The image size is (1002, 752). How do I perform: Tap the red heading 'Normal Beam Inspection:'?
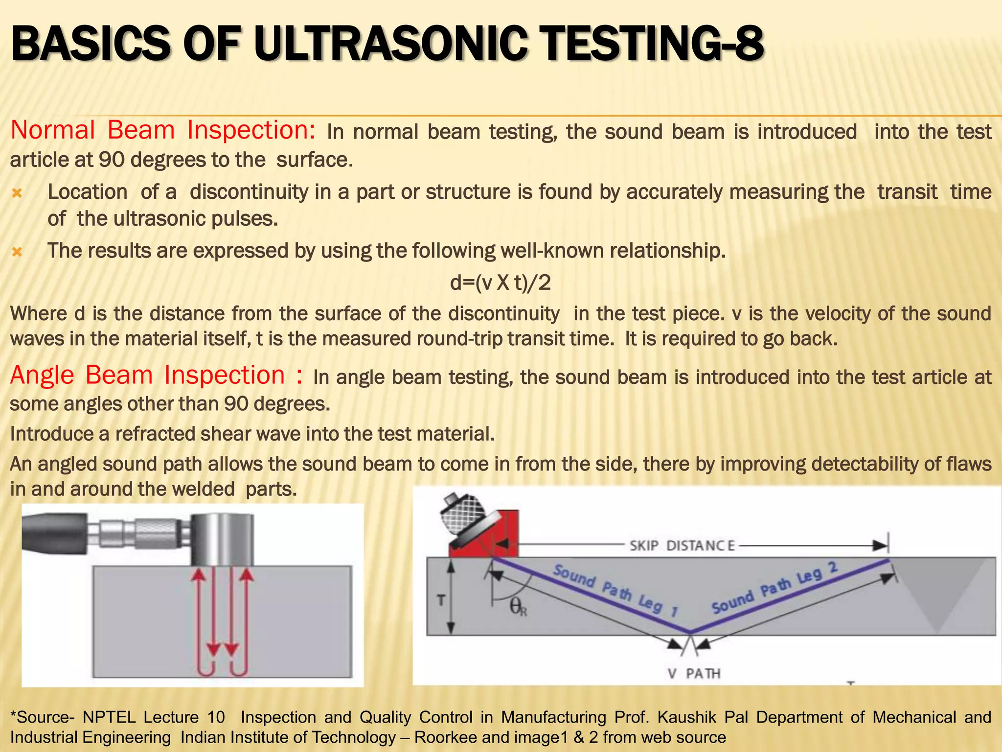[163, 131]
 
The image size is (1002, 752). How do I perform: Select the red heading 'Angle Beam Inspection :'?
[156, 376]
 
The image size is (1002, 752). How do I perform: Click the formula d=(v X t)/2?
[500, 282]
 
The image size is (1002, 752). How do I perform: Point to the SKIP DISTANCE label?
[682, 545]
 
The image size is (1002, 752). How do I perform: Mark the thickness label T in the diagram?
[441, 600]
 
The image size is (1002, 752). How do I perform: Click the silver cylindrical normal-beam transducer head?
[222, 539]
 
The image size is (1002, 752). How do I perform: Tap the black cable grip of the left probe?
[54, 534]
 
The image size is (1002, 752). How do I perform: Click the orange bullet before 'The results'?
[17, 252]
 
